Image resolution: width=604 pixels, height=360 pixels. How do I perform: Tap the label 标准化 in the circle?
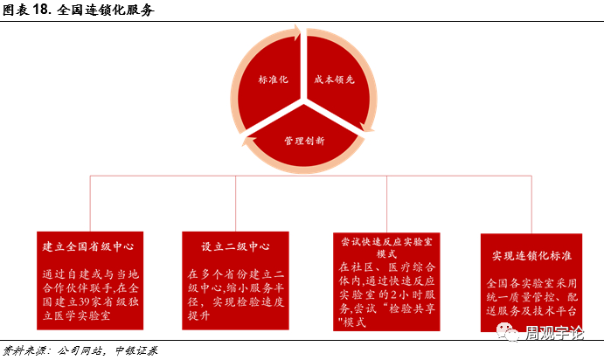tap(273, 79)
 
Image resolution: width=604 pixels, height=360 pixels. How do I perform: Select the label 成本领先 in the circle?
tap(334, 79)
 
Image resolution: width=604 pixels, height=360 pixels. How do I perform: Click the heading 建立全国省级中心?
tap(87, 246)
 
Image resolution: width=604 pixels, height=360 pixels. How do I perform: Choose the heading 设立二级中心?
tap(234, 246)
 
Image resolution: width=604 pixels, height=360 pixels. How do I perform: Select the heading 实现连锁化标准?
tap(531, 255)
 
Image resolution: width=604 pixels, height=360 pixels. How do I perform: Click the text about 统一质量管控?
tap(531, 296)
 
